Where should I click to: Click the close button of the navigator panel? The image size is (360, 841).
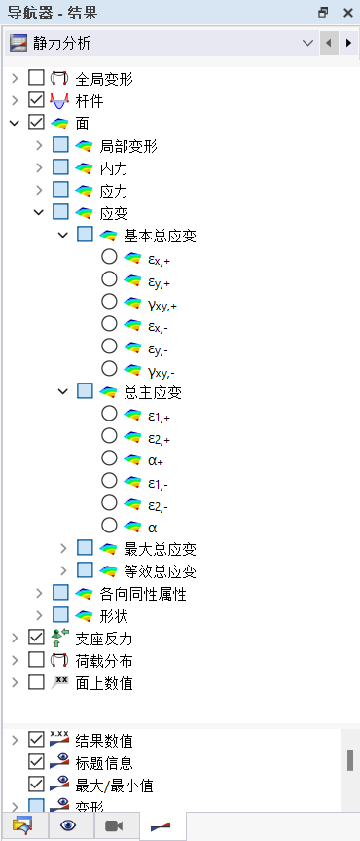(347, 13)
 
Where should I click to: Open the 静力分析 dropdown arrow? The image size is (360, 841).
(308, 44)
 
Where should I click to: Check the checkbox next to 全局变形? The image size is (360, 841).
(37, 77)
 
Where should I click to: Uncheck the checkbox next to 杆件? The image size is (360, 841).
(37, 100)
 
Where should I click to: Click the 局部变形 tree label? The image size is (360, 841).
(128, 146)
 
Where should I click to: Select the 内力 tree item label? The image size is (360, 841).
(114, 168)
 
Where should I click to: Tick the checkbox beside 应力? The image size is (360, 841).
(60, 191)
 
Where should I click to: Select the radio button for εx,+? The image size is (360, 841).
(108, 257)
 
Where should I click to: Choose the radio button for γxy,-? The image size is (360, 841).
(108, 369)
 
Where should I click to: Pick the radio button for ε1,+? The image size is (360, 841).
(108, 414)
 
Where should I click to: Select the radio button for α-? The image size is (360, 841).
(108, 526)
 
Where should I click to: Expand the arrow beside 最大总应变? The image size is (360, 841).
(63, 549)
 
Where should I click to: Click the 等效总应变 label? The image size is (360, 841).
(161, 571)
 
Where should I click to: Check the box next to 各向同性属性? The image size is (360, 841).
(60, 594)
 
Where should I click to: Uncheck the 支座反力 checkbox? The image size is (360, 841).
(37, 639)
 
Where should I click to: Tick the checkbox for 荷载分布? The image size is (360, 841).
(37, 661)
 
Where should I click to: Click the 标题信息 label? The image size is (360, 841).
(105, 761)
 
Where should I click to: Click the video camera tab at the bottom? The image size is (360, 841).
(114, 826)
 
